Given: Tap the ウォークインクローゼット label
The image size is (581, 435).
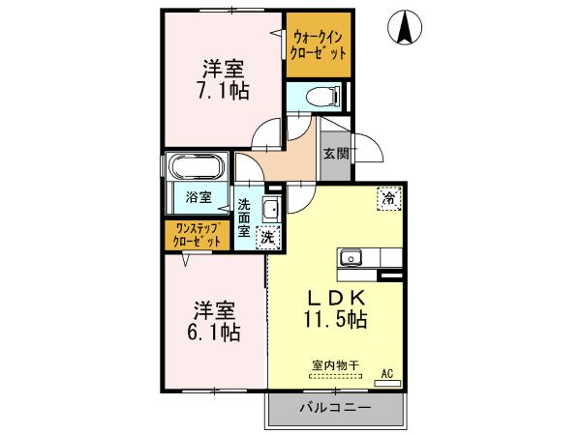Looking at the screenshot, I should (x=319, y=45).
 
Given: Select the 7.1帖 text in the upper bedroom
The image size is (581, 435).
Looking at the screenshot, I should (x=222, y=91).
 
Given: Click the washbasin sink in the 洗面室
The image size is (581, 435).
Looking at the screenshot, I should (x=271, y=209).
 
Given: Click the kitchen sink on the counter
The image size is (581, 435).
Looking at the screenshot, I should (x=350, y=258).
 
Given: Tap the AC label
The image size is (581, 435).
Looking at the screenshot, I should (x=386, y=373).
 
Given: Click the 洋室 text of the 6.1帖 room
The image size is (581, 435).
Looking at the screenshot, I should (x=214, y=309).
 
